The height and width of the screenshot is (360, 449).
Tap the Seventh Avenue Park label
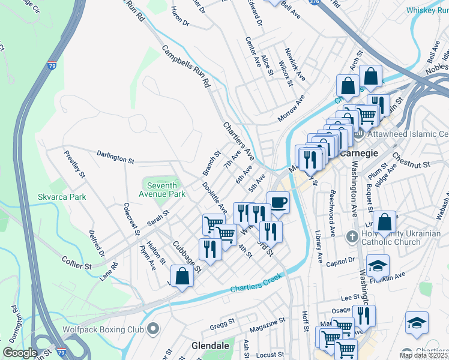(162, 190)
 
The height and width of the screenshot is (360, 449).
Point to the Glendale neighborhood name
(211, 346)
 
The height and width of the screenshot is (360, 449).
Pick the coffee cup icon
(278, 203)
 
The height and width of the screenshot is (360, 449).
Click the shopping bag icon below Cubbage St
(181, 277)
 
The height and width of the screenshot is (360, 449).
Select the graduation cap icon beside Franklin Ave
(378, 266)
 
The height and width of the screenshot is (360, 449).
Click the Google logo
(20, 353)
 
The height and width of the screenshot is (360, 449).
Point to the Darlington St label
(115, 157)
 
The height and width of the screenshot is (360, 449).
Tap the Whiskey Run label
(427, 10)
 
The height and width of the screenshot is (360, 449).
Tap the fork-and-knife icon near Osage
(364, 316)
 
